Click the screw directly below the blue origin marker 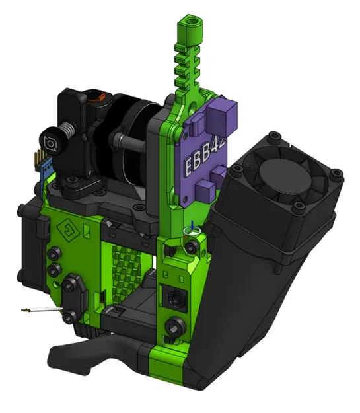click(192, 246)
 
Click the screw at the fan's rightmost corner click(338, 176)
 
